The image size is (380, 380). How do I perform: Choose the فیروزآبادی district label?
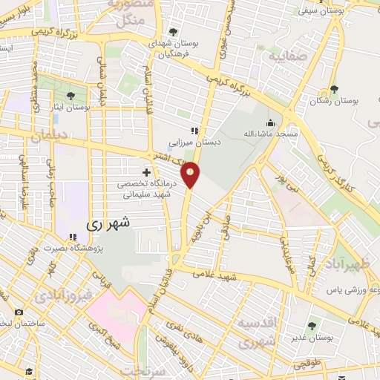(62, 296)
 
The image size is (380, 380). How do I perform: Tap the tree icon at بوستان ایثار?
(71, 96)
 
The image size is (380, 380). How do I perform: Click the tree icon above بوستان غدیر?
(311, 324)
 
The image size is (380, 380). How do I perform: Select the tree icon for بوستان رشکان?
(335, 90)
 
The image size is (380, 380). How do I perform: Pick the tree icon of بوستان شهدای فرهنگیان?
(173, 32)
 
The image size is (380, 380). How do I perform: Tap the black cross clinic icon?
(146, 172)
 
